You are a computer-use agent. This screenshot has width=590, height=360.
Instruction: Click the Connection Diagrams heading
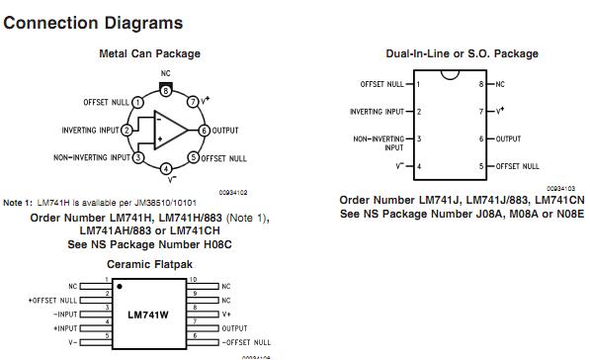pos(93,22)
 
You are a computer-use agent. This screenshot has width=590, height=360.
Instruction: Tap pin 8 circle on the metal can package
pos(166,89)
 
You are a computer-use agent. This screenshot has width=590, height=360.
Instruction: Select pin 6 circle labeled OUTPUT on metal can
pos(205,130)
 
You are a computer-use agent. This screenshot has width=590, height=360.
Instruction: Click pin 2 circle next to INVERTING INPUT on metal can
pos(127,130)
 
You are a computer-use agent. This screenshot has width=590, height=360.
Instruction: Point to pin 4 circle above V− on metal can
pos(166,168)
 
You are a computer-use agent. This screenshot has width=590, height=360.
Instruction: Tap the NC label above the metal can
pos(166,74)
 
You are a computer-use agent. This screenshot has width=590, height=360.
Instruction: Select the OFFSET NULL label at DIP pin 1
pos(381,85)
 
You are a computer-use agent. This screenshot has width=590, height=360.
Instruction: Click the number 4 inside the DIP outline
pos(419,166)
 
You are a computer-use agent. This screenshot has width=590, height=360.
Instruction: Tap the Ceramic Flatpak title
pos(150,265)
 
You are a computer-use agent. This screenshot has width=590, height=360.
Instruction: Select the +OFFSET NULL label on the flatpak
pos(54,299)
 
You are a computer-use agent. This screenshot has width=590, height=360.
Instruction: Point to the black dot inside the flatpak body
pos(120,287)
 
